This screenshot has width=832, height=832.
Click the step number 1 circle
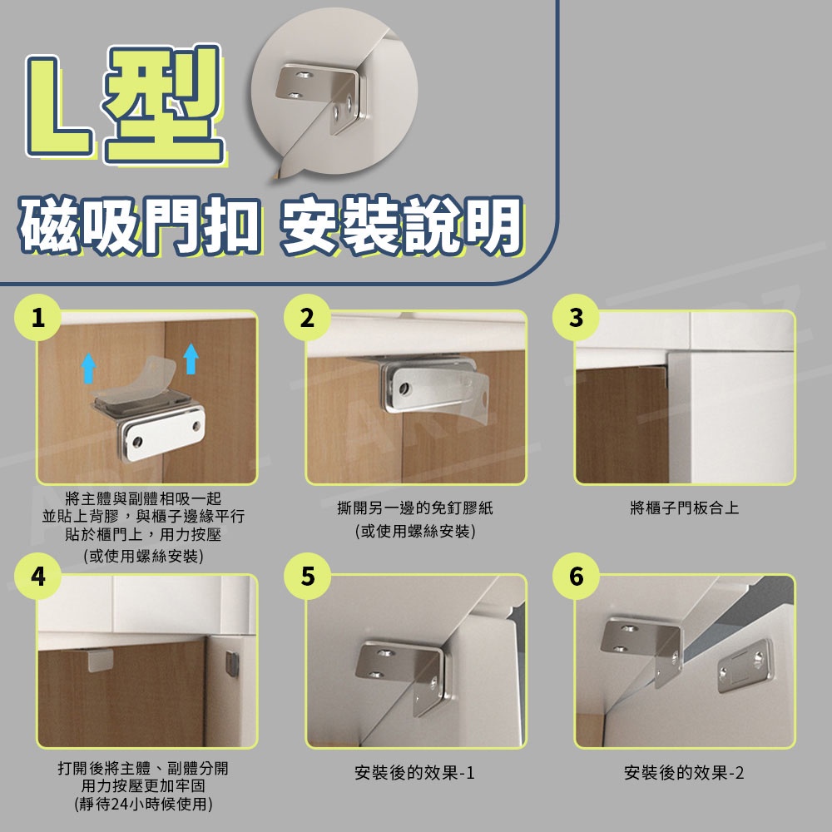click(37, 317)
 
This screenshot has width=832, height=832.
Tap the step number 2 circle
click(307, 317)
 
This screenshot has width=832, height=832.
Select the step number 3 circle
click(576, 317)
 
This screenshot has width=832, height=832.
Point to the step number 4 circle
click(37, 577)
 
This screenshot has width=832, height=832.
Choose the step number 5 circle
click(307, 577)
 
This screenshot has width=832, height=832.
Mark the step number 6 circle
click(576, 577)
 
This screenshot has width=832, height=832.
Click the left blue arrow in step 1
click(89, 369)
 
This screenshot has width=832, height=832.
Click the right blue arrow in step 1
click(191, 359)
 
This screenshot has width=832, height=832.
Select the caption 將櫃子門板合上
click(685, 508)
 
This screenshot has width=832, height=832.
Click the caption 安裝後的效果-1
click(414, 773)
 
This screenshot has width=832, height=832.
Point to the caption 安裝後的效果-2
click(684, 773)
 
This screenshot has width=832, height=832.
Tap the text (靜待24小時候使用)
click(144, 804)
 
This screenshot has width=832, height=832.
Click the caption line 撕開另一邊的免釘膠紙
click(415, 508)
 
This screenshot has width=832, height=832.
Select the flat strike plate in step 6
click(745, 666)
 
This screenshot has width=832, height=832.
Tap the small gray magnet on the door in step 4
click(232, 664)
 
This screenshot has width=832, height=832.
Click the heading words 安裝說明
click(402, 226)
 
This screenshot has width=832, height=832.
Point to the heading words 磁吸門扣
click(140, 226)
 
